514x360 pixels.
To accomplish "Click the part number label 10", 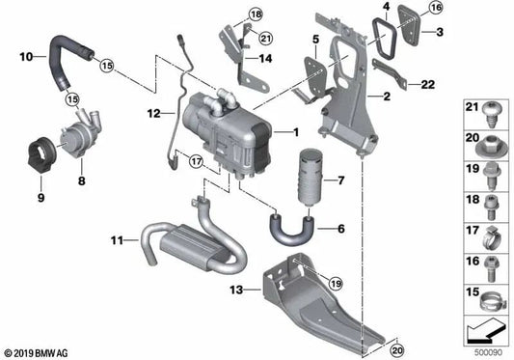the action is [x=26, y=57].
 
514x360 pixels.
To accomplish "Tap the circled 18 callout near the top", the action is [x=256, y=14].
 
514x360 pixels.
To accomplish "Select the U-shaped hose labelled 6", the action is [x=291, y=231].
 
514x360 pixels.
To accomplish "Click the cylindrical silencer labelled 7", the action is [x=311, y=178].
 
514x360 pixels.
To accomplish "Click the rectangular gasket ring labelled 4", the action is [x=385, y=40].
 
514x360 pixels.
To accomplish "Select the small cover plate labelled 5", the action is [x=315, y=76].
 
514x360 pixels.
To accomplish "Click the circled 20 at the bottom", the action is [x=397, y=350].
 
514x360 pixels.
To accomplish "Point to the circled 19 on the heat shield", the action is [x=335, y=283].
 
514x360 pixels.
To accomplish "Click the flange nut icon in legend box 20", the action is [x=491, y=150].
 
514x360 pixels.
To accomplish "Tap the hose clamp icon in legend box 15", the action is [x=491, y=301].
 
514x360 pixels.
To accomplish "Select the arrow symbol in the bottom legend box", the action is [x=485, y=331].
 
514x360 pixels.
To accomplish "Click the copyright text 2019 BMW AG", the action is [x=36, y=353].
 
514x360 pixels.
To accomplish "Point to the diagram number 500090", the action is [x=488, y=353].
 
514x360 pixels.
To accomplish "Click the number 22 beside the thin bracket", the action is [x=428, y=85].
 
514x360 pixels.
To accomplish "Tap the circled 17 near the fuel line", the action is [x=196, y=161].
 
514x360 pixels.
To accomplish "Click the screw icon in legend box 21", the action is [x=491, y=116].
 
